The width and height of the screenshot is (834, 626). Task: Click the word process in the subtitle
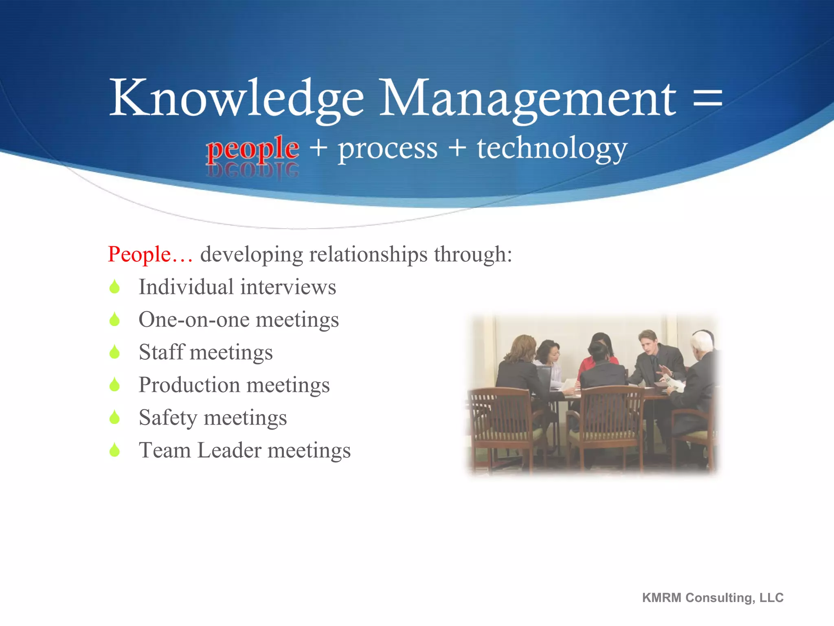388,149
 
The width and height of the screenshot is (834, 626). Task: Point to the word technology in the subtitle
552,149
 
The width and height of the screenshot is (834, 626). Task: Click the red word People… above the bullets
150,254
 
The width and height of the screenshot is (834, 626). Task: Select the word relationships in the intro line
368,254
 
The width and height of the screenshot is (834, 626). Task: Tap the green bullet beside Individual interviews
115,287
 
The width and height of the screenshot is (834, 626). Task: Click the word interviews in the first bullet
288,287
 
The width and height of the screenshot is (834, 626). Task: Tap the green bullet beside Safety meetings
115,417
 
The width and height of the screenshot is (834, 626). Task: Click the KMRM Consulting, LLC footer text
713,597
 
